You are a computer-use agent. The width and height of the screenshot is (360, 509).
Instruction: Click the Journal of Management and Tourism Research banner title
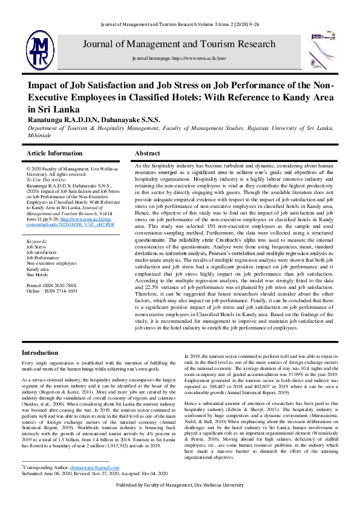pyautogui.click(x=178, y=45)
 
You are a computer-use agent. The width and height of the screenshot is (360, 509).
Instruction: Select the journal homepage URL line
pyautogui.click(x=178, y=61)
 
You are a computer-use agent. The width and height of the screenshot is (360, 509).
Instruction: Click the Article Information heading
pyautogui.click(x=55, y=154)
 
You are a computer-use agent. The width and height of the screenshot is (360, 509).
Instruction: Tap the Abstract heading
pyautogui.click(x=148, y=154)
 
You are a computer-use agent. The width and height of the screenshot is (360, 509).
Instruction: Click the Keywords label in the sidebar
pyautogui.click(x=38, y=241)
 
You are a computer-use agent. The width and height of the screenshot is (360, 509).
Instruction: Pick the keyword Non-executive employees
pyautogui.click(x=52, y=264)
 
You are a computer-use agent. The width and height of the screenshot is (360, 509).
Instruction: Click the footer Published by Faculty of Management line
pyautogui.click(x=180, y=502)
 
